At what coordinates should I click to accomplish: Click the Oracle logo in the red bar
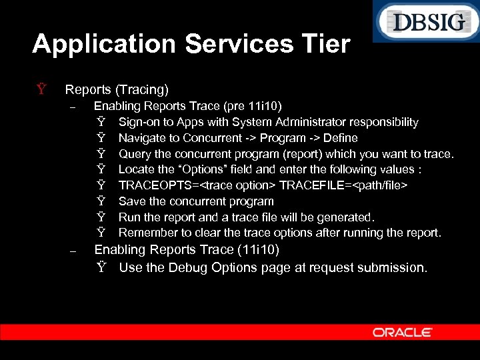(x=402, y=332)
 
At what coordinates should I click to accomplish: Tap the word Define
(x=340, y=138)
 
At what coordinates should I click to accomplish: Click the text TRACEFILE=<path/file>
(x=343, y=185)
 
